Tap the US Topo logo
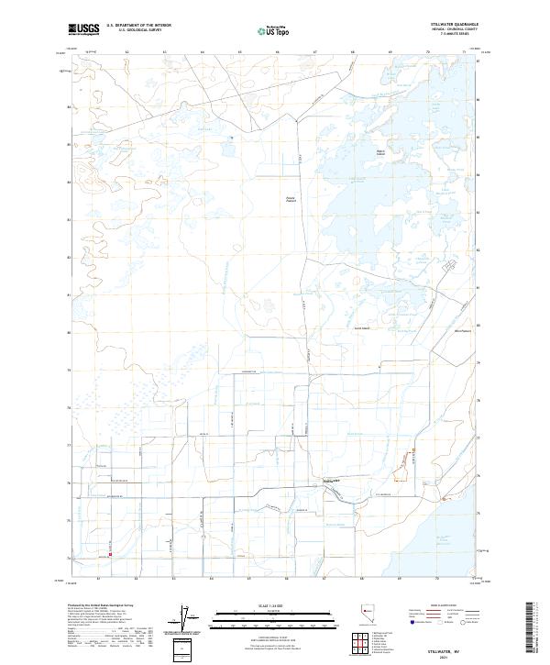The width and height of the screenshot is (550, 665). click(x=276, y=31)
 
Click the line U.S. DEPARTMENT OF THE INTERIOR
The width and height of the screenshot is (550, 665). click(x=139, y=26)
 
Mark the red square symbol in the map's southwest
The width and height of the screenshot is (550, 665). click(x=110, y=553)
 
